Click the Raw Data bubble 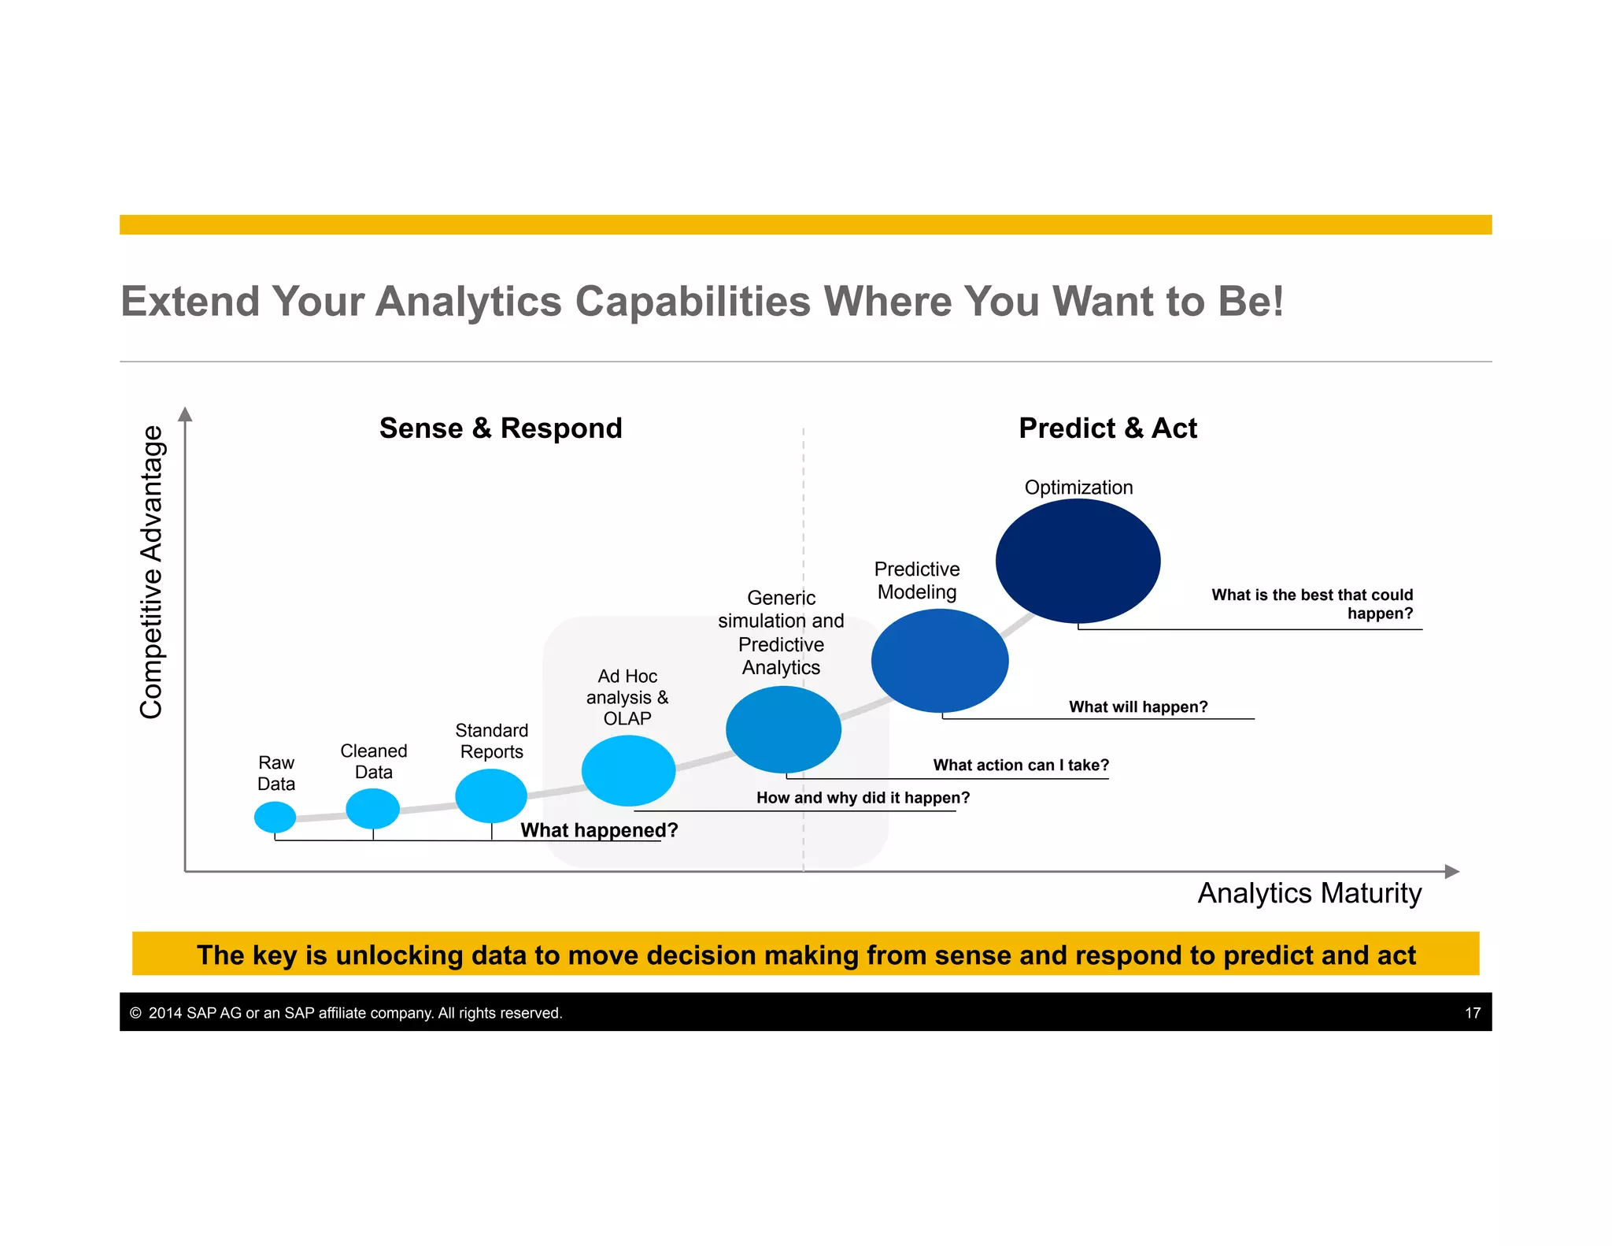275,817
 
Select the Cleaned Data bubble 372,808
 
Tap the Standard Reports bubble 491,795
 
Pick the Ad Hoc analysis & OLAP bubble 628,770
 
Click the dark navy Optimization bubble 1078,561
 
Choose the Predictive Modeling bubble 940,660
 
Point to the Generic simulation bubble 783,729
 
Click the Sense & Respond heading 501,428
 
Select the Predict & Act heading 1107,428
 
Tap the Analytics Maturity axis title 1309,893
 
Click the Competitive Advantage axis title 151,572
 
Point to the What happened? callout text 599,830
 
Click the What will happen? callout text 1137,706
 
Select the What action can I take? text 1020,765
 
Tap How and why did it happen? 863,798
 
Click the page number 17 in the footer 1472,1013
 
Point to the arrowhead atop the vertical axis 185,414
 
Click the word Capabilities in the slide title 693,302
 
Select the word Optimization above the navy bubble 1078,488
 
